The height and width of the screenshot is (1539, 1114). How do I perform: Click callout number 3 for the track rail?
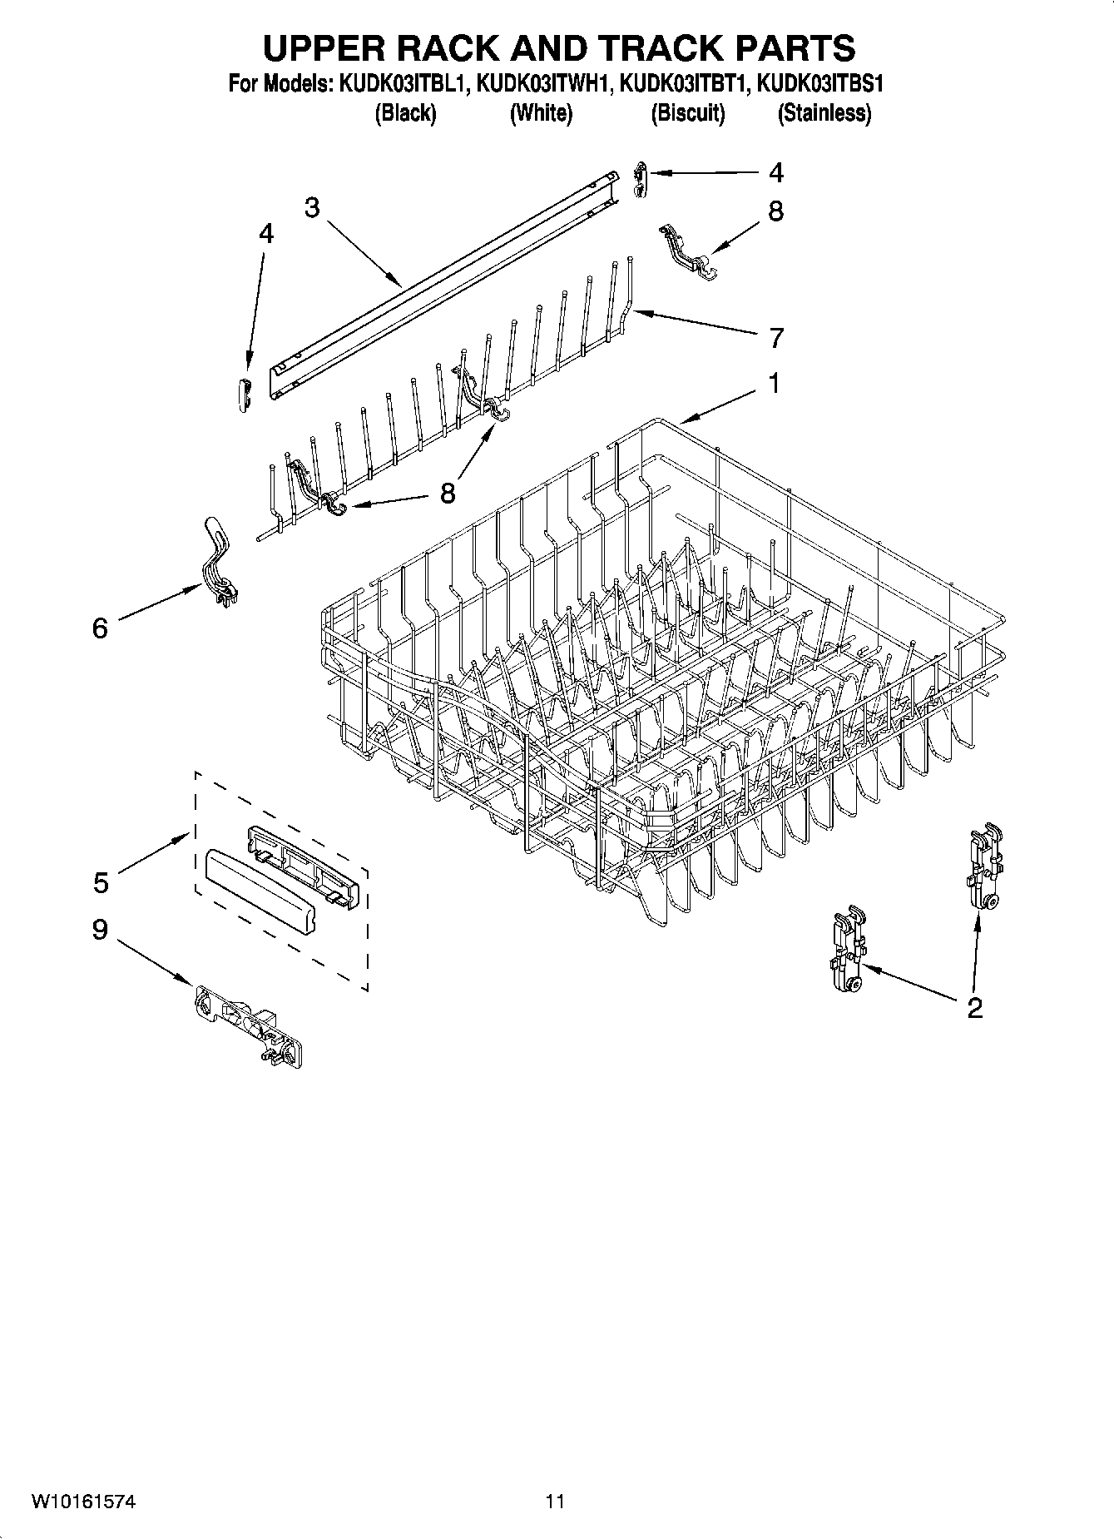[x=312, y=208]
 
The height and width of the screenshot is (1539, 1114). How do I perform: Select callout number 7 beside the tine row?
[x=775, y=338]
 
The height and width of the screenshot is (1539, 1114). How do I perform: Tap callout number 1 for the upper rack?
[x=774, y=384]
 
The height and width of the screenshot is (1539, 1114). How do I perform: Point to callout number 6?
[x=100, y=628]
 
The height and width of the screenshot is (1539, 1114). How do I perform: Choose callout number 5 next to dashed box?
[x=101, y=881]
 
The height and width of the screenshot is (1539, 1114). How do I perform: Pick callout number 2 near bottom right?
[x=974, y=1008]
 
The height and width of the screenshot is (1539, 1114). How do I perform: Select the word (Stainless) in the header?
[x=824, y=113]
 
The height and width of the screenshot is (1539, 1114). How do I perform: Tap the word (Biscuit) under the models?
[x=687, y=113]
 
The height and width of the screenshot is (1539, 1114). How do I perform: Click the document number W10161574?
[x=84, y=1502]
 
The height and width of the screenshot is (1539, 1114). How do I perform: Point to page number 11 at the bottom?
[x=555, y=1502]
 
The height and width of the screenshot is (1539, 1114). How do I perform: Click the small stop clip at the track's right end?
[x=638, y=179]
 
